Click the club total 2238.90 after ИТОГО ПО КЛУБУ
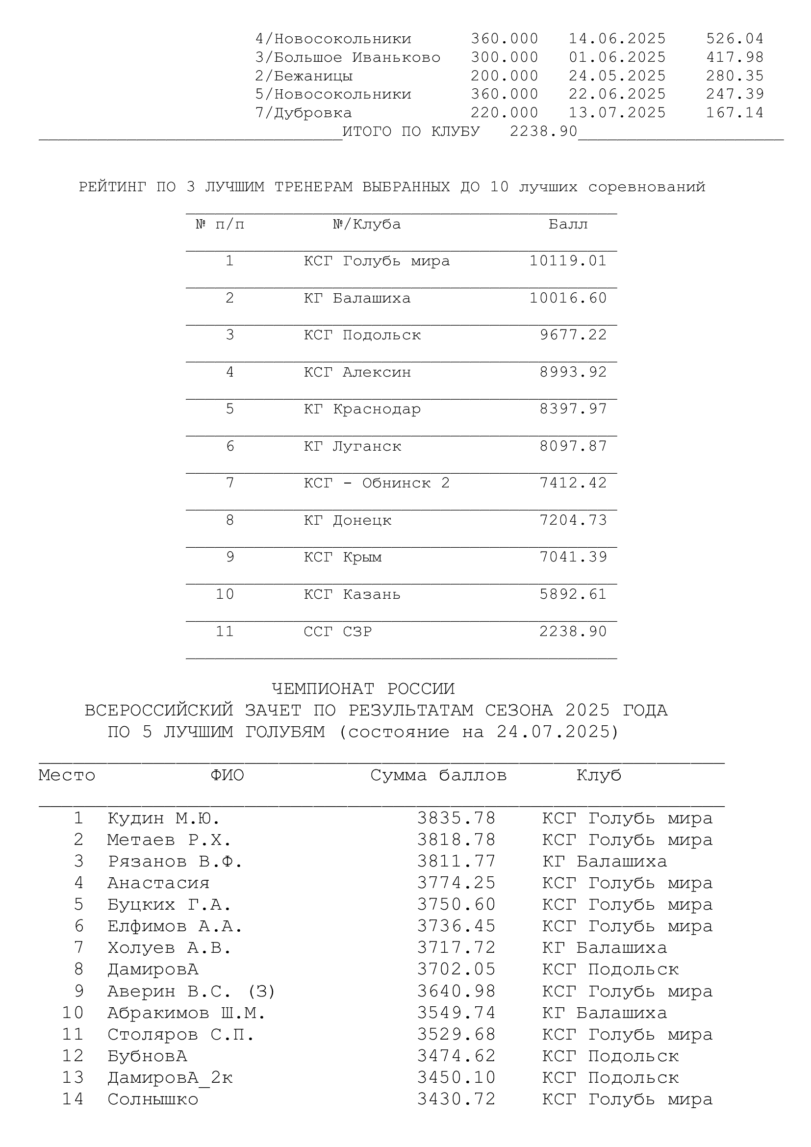tap(543, 131)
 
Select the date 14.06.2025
tap(617, 38)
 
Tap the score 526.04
tap(735, 38)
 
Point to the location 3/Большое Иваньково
tap(348, 57)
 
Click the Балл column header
tap(568, 224)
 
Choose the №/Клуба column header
tap(367, 224)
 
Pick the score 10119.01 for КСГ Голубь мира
tap(568, 261)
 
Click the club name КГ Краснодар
tap(362, 409)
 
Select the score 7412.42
tap(573, 483)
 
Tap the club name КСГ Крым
tap(343, 557)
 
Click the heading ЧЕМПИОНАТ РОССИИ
tap(363, 689)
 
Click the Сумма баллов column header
tap(438, 775)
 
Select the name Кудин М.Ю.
tap(163, 818)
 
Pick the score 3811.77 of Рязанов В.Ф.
tap(456, 861)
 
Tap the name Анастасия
tap(158, 883)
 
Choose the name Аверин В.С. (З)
tap(191, 991)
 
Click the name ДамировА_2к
tap(170, 1077)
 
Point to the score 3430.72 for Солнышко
tap(456, 1099)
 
